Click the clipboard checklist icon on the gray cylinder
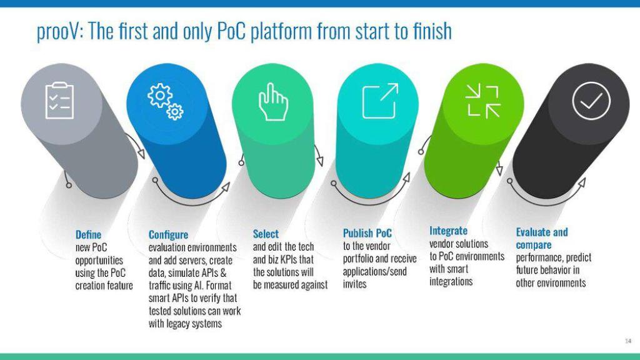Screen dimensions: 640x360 tap(59, 101)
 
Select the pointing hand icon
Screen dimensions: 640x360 tap(273, 102)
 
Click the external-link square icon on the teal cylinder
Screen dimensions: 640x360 tap(380, 101)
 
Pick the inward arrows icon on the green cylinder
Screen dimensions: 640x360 tap(483, 101)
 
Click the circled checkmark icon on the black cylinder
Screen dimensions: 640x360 tap(591, 101)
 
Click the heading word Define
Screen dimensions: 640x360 tap(88, 235)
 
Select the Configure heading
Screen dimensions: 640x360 tap(168, 235)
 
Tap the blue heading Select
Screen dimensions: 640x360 tap(266, 234)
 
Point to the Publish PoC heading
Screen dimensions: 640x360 tap(367, 233)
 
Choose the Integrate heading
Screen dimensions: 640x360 tap(448, 231)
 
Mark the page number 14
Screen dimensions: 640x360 tap(627, 341)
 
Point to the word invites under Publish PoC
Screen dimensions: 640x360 tap(355, 284)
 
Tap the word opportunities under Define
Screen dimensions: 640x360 tap(99, 261)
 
